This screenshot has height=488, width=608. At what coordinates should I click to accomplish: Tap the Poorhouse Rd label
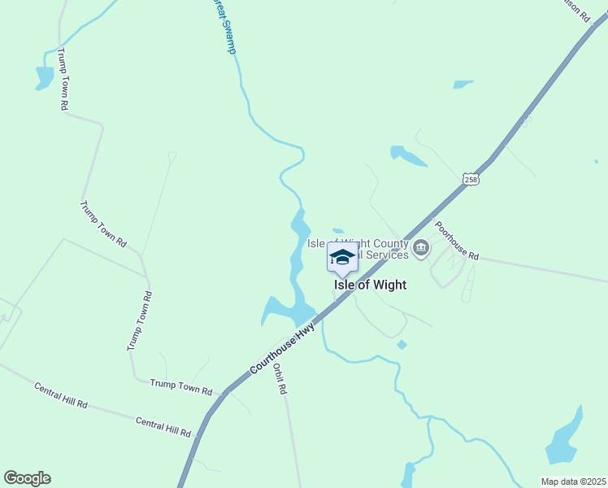point(456,241)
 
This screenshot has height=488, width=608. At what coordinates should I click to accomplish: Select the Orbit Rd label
point(280,378)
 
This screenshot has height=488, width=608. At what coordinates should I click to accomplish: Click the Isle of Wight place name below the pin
point(370,285)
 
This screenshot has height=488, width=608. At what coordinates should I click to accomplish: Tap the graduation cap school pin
point(342,258)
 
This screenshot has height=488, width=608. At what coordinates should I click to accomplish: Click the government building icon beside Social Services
point(420,248)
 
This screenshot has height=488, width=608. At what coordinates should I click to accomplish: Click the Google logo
point(27,478)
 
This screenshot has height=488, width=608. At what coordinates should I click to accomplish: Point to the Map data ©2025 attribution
point(574,481)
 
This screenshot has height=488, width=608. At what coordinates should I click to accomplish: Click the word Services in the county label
point(387,255)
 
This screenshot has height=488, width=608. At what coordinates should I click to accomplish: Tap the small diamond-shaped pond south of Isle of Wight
point(402,345)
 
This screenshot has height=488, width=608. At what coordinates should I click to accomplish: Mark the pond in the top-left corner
point(44,77)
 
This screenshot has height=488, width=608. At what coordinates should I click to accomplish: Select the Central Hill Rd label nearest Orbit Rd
point(163,427)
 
